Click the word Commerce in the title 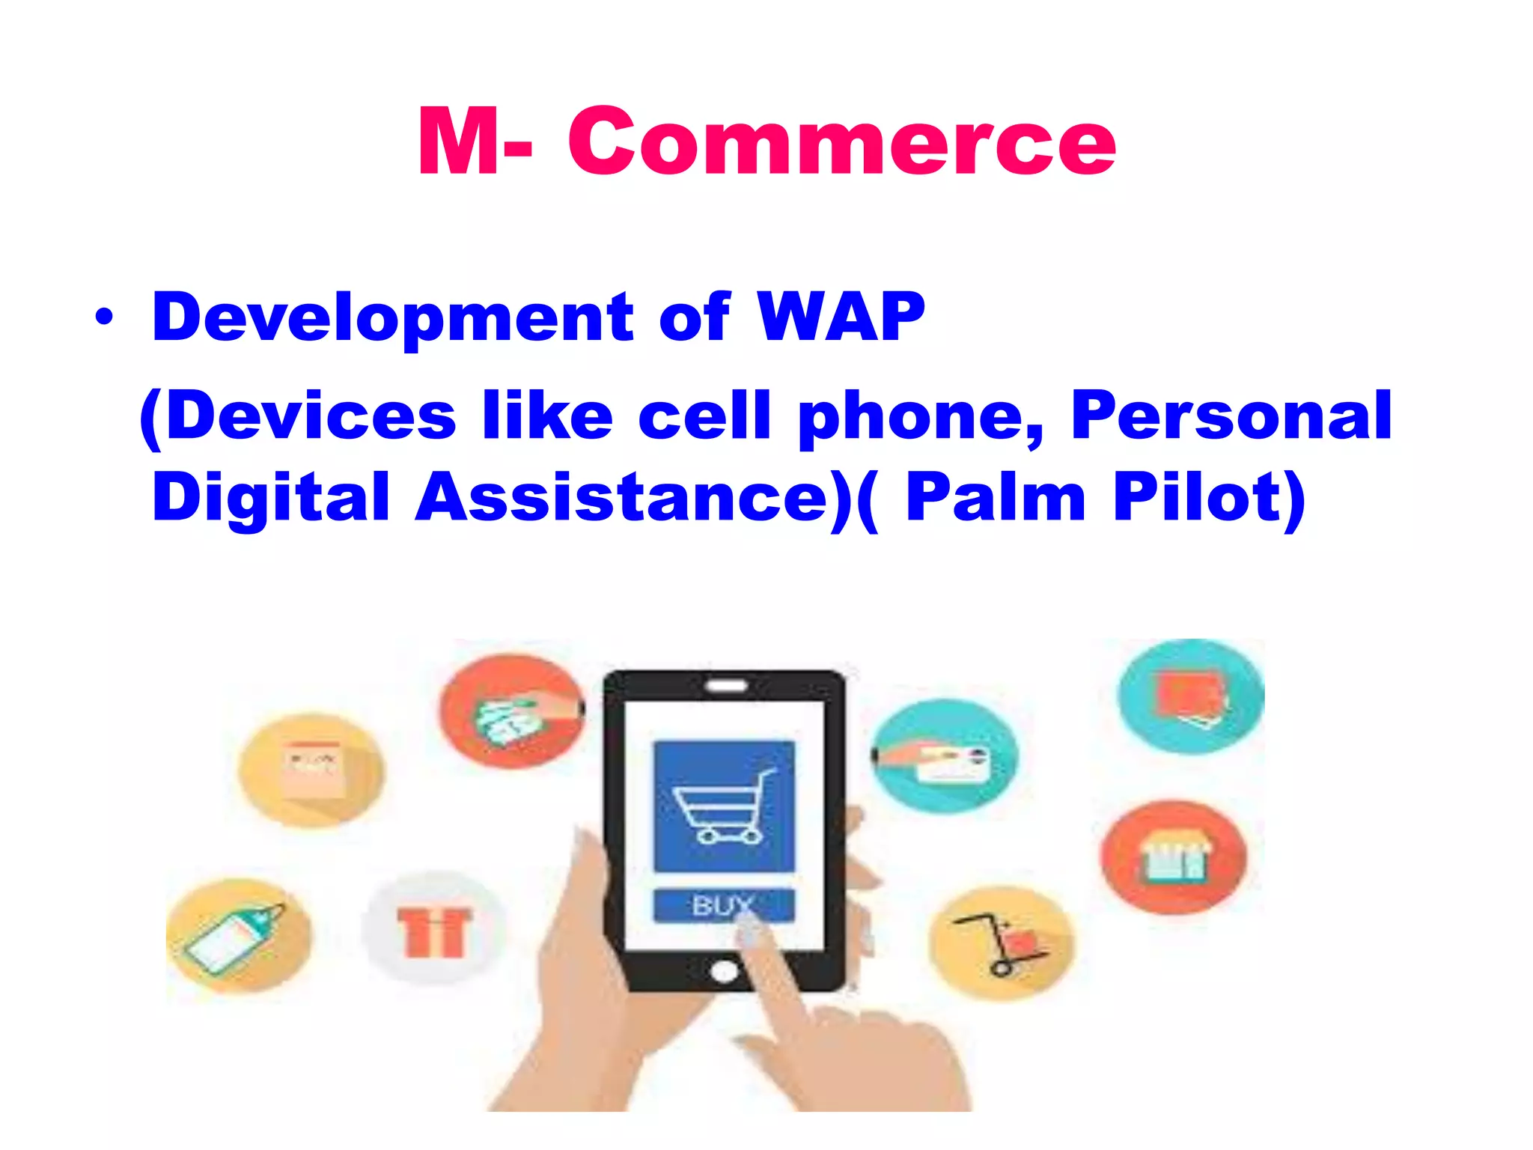841,142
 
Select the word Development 393,317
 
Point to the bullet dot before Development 105,317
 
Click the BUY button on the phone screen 723,905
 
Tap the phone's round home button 723,971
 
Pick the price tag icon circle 238,936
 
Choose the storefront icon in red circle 1173,857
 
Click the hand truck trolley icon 1002,943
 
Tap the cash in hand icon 512,711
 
